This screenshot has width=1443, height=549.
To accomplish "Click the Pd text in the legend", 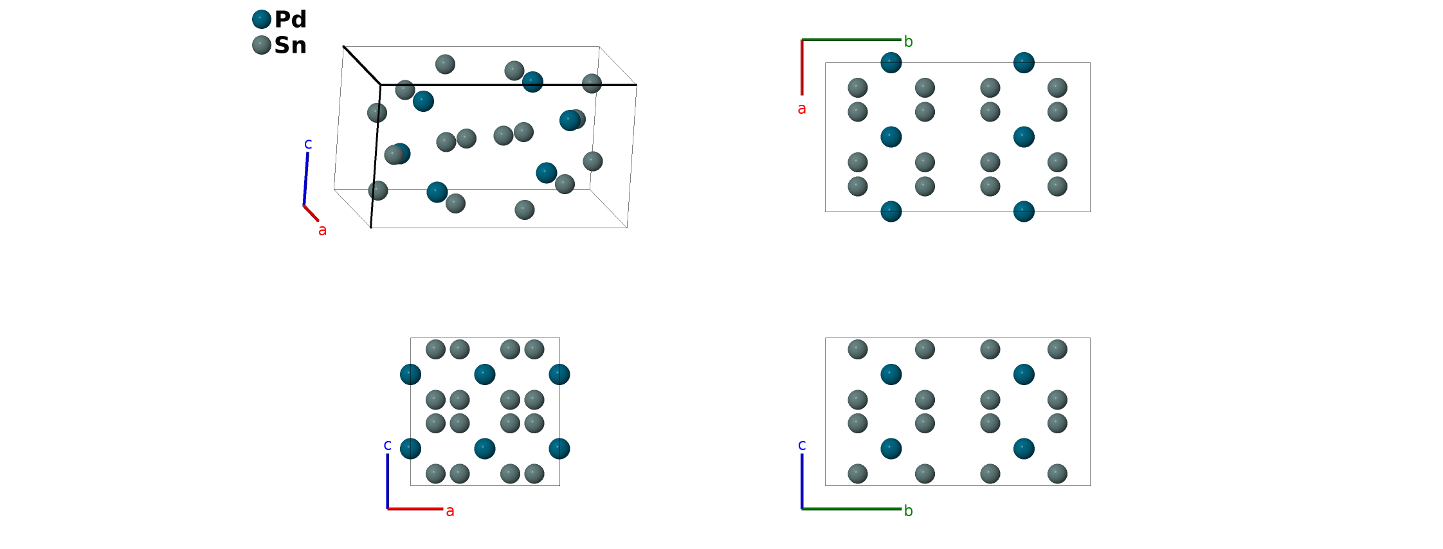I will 290,19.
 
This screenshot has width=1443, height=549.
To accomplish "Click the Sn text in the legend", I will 290,45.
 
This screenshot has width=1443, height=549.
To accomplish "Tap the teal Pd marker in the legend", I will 262,19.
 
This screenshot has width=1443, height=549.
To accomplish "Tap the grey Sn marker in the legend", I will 262,45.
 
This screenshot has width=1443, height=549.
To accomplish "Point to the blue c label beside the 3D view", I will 308,144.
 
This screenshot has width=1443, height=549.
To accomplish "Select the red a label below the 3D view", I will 322,230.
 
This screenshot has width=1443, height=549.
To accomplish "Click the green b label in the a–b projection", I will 908,42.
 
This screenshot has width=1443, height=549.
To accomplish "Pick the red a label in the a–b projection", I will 801,109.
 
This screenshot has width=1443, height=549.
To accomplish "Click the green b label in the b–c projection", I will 908,511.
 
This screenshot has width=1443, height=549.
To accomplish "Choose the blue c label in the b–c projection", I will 801,445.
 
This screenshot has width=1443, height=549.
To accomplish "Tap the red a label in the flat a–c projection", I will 450,511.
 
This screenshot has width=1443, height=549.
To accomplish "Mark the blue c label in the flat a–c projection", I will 387,445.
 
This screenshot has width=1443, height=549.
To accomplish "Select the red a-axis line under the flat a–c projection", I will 415,509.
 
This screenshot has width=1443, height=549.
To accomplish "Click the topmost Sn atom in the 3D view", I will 445,64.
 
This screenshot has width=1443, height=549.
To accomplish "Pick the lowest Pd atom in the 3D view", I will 437,192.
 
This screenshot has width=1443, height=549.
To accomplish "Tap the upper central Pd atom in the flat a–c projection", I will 485,374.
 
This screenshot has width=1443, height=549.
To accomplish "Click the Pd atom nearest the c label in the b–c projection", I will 891,448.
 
